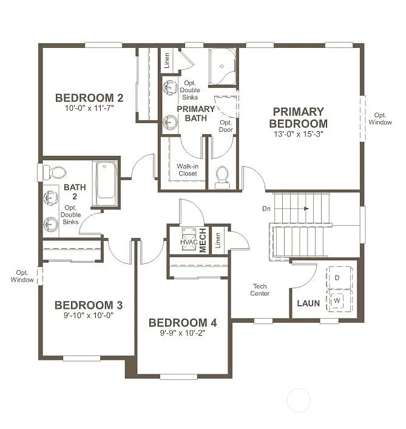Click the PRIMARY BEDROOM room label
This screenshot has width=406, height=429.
pyautogui.click(x=298, y=117)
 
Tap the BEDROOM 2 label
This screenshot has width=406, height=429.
pyautogui.click(x=89, y=98)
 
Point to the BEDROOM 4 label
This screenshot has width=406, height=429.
pyautogui.click(x=182, y=322)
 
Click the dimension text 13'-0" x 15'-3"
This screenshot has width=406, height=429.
pyautogui.click(x=298, y=134)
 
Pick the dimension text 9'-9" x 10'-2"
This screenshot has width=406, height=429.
pyautogui.click(x=182, y=333)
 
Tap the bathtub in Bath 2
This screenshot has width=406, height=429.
pyautogui.click(x=106, y=180)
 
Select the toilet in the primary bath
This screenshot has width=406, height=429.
pyautogui.click(x=222, y=177)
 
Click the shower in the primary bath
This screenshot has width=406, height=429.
pyautogui.click(x=222, y=67)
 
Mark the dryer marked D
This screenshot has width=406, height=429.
pyautogui.click(x=337, y=278)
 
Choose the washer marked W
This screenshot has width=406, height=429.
pyautogui.click(x=337, y=299)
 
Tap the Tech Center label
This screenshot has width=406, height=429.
pyautogui.click(x=261, y=290)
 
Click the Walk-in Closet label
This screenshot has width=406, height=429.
pyautogui.click(x=188, y=170)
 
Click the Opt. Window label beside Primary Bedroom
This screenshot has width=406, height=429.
pyautogui.click(x=381, y=118)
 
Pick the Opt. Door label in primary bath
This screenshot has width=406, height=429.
pyautogui.click(x=226, y=126)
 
